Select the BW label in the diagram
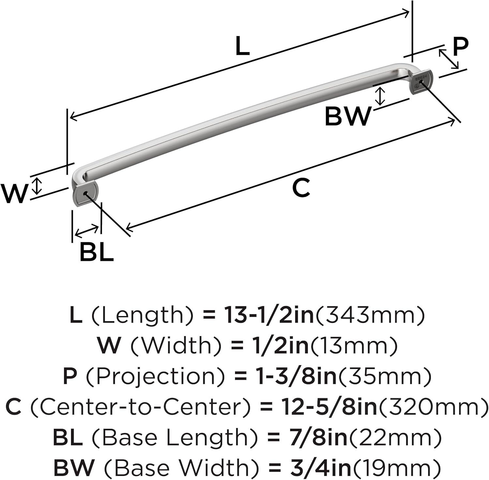tap(348, 116)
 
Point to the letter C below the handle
tap(301, 188)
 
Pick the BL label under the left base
tap(97, 252)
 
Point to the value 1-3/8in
tap(296, 376)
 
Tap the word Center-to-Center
tap(141, 407)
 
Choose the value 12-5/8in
tap(329, 407)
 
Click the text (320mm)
tap(433, 407)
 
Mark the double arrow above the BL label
tap(87, 231)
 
